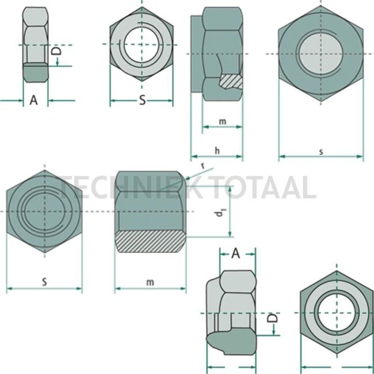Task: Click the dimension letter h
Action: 216,151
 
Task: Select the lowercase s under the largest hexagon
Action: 320,151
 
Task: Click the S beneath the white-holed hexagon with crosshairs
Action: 142,101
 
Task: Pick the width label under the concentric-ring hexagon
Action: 44,282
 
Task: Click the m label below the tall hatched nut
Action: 150,282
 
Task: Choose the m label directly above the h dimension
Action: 222,121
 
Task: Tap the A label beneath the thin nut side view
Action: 33,101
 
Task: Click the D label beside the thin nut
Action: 56,52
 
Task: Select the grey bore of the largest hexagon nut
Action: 320,55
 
